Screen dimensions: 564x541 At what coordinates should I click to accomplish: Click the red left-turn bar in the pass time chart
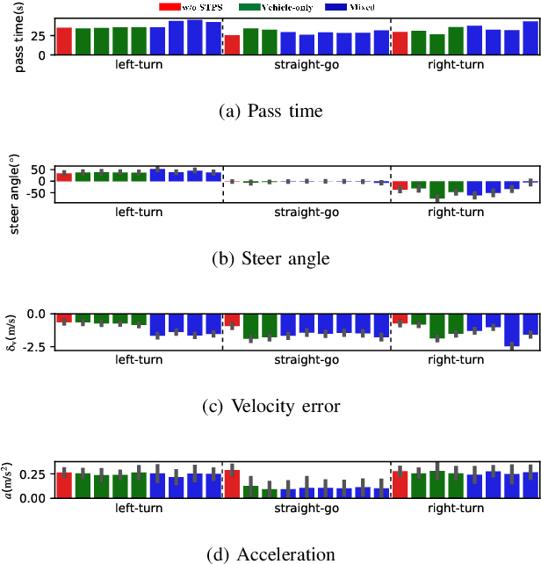(x=64, y=40)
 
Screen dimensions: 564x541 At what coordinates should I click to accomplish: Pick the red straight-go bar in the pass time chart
(x=232, y=45)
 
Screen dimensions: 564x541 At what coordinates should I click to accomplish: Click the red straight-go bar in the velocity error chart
(x=232, y=320)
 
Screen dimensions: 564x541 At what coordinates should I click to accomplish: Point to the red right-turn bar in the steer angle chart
(x=400, y=185)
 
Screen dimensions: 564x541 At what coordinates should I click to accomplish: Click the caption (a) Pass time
(x=270, y=111)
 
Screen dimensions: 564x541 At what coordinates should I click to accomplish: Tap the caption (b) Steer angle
(x=270, y=258)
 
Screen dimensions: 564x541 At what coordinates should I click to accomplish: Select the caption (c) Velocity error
(x=270, y=406)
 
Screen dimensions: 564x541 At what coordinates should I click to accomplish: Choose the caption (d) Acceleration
(x=270, y=553)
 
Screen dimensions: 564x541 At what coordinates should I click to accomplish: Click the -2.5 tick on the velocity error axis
(x=36, y=348)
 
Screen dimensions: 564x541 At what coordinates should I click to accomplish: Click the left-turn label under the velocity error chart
(x=139, y=360)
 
